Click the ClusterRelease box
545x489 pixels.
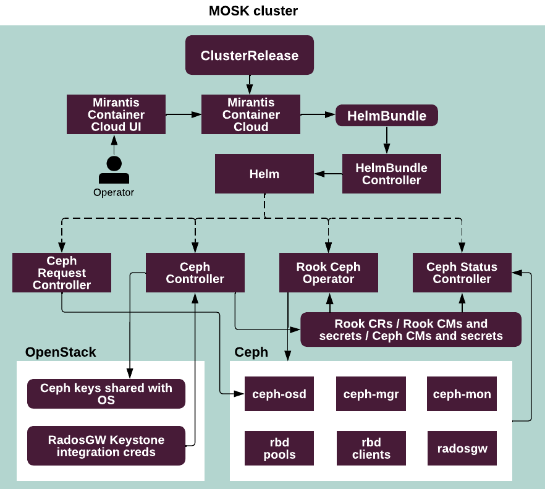click(250, 56)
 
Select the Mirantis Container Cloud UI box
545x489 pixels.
click(116, 114)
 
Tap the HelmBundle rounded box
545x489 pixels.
click(387, 116)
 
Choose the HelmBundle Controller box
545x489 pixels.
click(392, 174)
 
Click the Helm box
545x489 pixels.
click(264, 174)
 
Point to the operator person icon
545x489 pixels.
click(114, 170)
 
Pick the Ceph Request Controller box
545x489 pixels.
click(62, 273)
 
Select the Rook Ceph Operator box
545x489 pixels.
click(328, 273)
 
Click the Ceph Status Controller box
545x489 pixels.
click(462, 273)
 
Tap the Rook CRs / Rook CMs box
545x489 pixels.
click(411, 330)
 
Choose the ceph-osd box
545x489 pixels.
click(279, 394)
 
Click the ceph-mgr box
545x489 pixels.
click(371, 394)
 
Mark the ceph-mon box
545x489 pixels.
click(462, 394)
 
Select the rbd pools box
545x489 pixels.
click(279, 448)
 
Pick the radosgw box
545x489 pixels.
click(462, 448)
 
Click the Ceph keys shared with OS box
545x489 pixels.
click(106, 394)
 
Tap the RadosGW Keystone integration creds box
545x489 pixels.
click(106, 446)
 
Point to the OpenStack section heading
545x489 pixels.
click(61, 352)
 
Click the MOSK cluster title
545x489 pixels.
click(253, 11)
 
